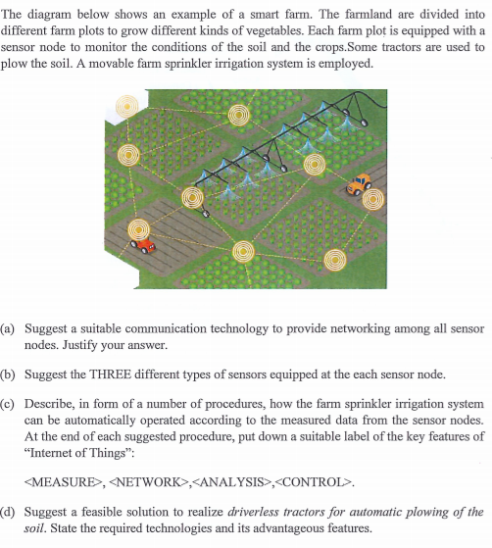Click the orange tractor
360,182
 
